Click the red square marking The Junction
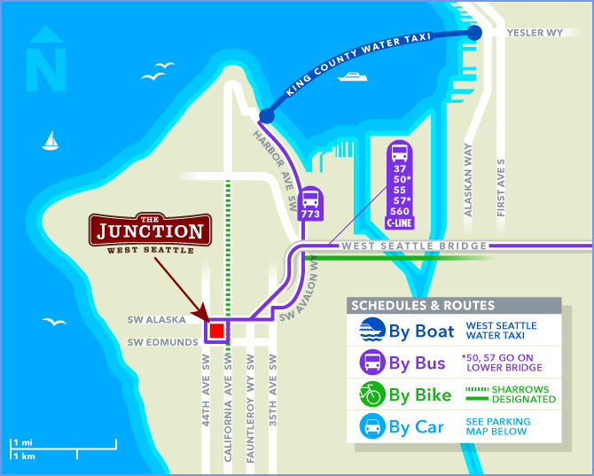[x=215, y=332]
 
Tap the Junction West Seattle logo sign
[x=151, y=233]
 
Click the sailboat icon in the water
[x=51, y=140]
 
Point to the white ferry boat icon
[x=352, y=77]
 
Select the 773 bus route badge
[x=310, y=205]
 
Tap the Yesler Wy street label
[x=534, y=32]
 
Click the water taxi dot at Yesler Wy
[x=474, y=33]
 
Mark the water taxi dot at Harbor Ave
[x=266, y=116]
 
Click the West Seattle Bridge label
[x=414, y=246]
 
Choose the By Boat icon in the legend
[x=371, y=331]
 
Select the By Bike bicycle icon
[x=371, y=394]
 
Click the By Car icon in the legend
[x=371, y=426]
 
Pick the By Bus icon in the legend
[x=371, y=363]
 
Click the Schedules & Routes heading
[x=424, y=306]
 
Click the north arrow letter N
[x=47, y=66]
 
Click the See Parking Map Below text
[x=497, y=426]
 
